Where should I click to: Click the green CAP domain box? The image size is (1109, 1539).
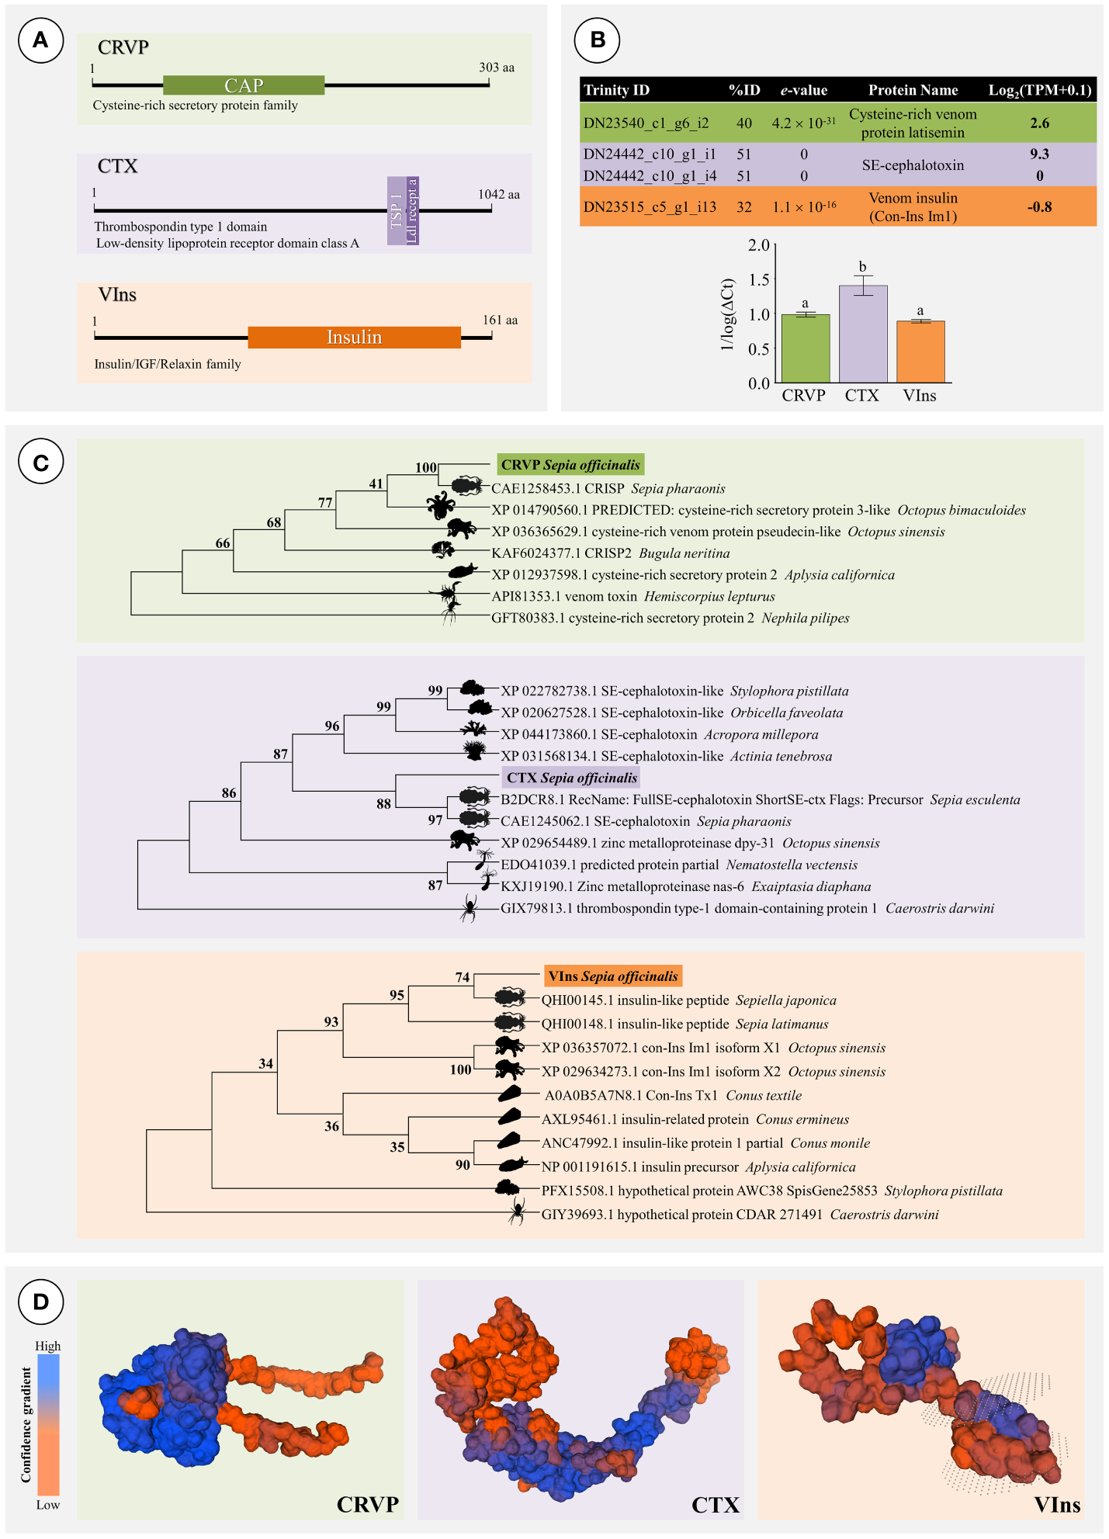click(244, 85)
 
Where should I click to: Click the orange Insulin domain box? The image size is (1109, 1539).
click(354, 337)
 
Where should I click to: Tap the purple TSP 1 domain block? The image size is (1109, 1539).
click(396, 211)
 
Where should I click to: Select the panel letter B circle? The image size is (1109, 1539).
click(597, 40)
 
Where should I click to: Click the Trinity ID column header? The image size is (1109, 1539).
click(616, 90)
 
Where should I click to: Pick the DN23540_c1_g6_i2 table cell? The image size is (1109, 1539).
click(646, 123)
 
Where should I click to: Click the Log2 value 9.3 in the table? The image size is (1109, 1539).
click(1039, 154)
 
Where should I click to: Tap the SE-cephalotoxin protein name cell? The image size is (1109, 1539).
click(913, 165)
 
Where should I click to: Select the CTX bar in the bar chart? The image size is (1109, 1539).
click(862, 334)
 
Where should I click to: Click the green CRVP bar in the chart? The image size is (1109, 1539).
click(805, 348)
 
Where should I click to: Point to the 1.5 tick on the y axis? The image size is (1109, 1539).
click(759, 280)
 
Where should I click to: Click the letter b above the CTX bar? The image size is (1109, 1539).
click(862, 267)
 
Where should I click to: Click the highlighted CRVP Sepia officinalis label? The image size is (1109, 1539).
click(570, 465)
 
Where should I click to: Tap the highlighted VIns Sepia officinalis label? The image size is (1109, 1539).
click(613, 976)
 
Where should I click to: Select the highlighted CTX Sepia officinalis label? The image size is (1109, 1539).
click(572, 778)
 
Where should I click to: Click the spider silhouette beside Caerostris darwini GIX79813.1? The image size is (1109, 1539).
click(468, 907)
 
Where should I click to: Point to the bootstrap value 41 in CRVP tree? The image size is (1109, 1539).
click(376, 484)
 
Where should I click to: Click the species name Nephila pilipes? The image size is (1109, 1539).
click(806, 619)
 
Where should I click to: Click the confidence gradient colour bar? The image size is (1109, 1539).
click(48, 1424)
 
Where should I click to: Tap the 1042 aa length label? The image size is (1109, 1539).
click(498, 194)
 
